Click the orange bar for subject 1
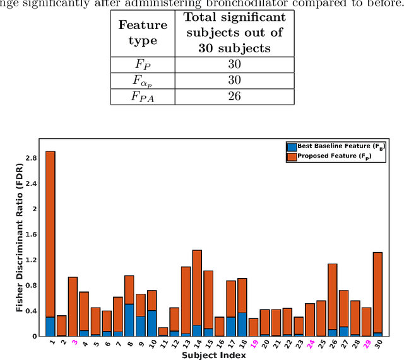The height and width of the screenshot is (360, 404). tap(50, 233)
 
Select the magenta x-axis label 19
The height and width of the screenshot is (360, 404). tap(253, 344)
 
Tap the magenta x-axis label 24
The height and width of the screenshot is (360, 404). tap(309, 344)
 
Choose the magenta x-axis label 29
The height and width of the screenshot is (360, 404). tap(365, 344)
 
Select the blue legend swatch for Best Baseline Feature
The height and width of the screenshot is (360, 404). tap(291, 146)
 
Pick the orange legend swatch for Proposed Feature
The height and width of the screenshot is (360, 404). tap(291, 156)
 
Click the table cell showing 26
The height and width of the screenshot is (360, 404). tap(234, 96)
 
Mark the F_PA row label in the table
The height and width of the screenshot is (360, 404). tap(143, 96)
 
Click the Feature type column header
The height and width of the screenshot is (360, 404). tap(143, 33)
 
